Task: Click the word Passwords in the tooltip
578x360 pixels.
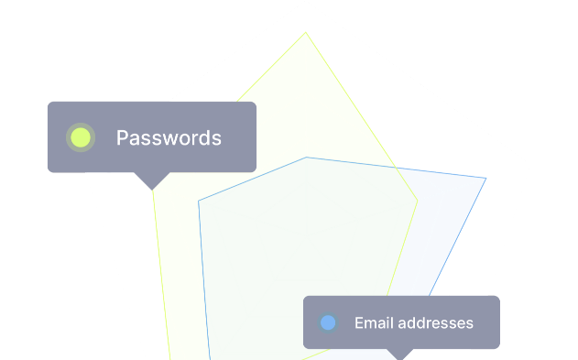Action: point(169,137)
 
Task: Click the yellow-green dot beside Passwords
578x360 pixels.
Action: point(81,137)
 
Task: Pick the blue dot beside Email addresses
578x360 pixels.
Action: point(328,322)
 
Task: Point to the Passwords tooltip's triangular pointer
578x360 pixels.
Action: point(152,181)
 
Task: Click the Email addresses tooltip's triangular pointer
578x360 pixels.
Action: point(399,355)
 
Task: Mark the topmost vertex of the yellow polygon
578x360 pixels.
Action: point(306,32)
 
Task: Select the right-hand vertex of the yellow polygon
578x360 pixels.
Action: point(418,201)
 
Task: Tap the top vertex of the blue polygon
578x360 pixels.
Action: point(306,158)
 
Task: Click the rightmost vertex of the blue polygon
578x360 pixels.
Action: point(486,179)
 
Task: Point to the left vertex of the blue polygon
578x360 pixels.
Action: point(199,201)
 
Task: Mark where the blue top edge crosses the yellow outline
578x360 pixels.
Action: point(396,168)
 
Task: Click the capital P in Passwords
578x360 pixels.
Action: point(122,137)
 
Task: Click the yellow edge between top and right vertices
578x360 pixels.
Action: point(361,116)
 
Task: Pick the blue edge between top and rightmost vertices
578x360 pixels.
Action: point(397,168)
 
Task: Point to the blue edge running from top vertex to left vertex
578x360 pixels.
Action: point(252,179)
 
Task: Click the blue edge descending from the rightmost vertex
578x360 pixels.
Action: point(458,237)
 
